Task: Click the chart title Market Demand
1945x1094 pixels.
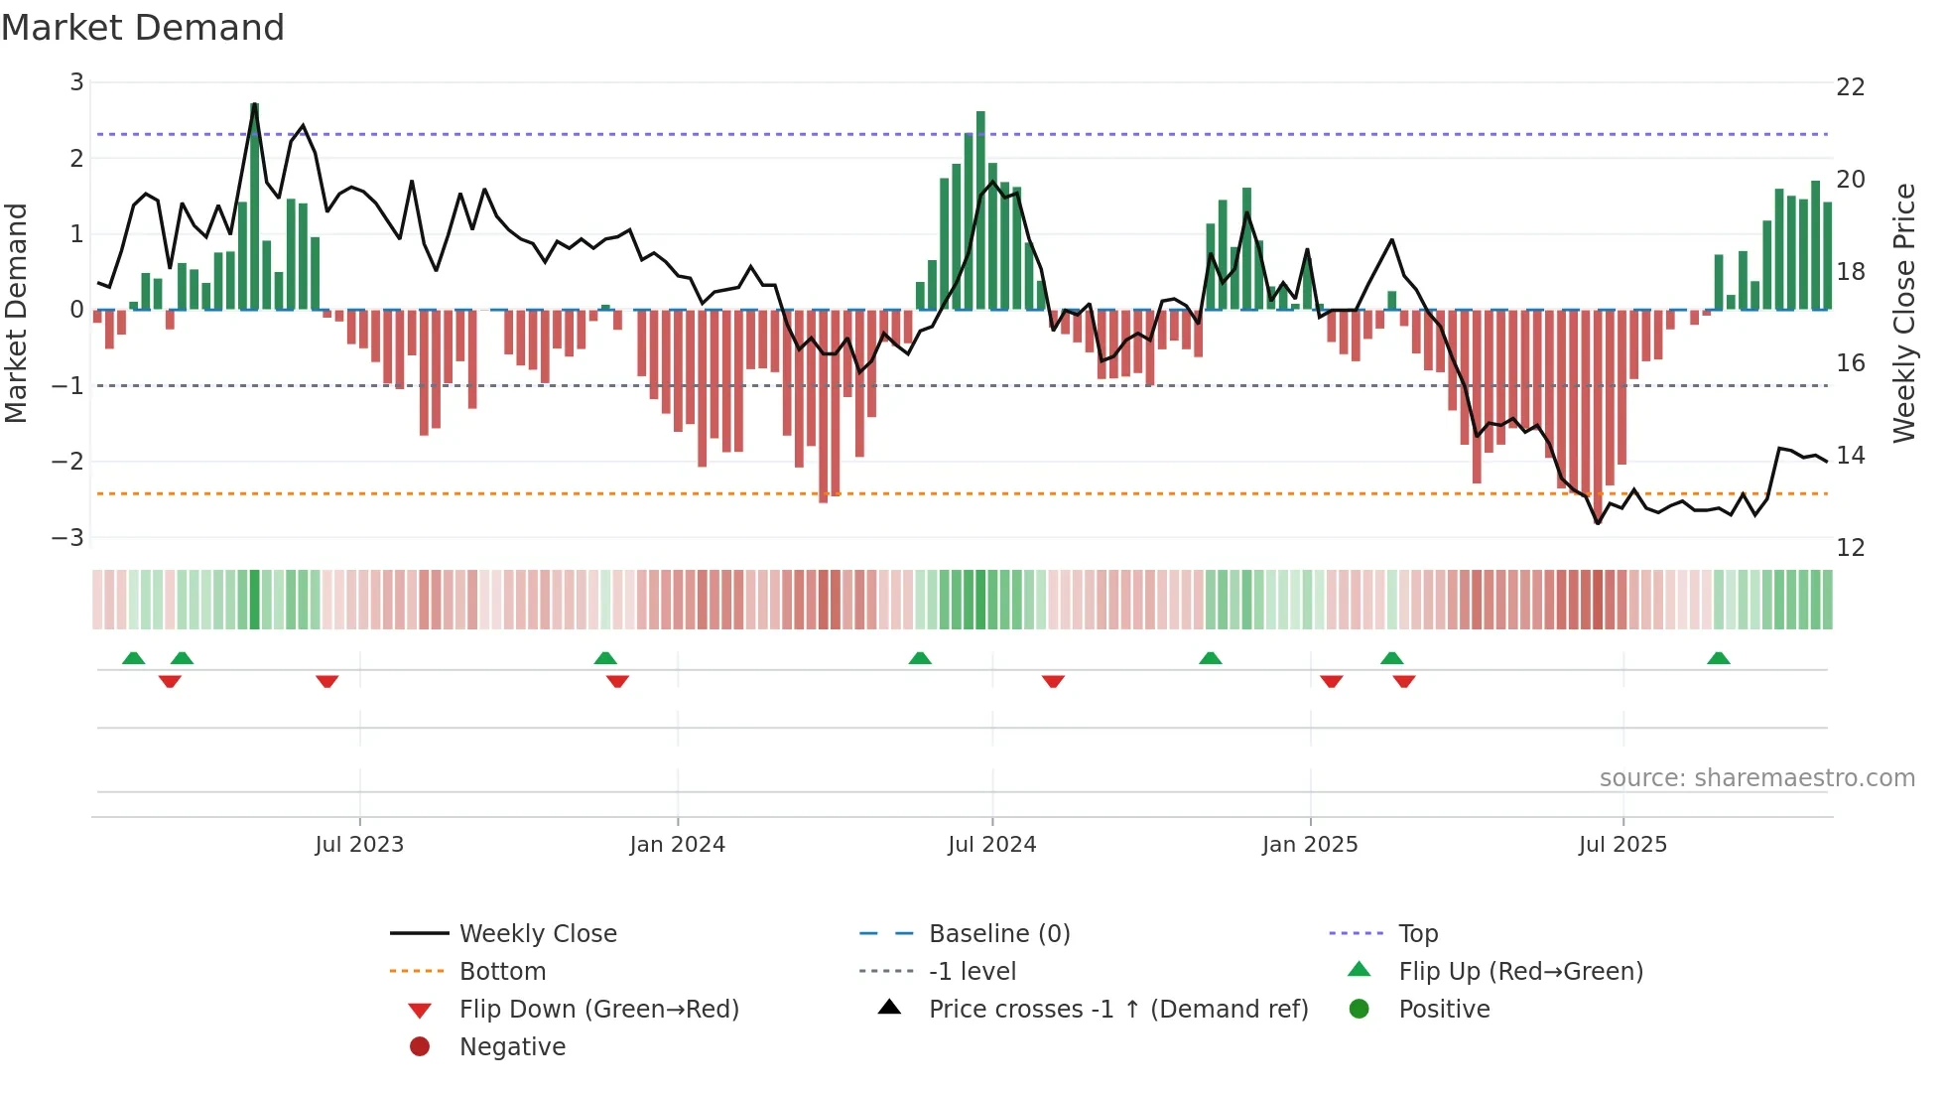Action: tap(143, 28)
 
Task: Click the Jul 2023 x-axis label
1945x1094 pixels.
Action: tap(359, 845)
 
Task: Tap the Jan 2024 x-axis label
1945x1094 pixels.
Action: tap(677, 845)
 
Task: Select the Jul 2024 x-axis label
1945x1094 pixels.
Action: tap(991, 845)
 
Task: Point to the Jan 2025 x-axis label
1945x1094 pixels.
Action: tap(1310, 845)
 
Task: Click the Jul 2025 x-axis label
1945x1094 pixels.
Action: tap(1622, 845)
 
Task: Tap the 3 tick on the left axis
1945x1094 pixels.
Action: tap(76, 82)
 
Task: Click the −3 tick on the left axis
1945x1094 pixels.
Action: tap(68, 537)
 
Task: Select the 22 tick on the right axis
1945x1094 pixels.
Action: tap(1850, 87)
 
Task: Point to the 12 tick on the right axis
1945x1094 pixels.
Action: tap(1850, 548)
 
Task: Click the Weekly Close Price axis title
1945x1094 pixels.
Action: tap(1903, 313)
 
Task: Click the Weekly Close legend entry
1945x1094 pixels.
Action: tap(537, 934)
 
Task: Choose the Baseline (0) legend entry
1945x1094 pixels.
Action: tap(998, 934)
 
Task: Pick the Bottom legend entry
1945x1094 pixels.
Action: tap(502, 972)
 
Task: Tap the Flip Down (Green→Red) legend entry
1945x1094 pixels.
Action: tap(598, 1010)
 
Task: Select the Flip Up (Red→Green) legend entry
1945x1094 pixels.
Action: tap(1520, 972)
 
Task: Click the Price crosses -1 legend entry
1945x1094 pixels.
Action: tap(1117, 1010)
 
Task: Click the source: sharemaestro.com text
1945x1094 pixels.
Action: tap(1756, 778)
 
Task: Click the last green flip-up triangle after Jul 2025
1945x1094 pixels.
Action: tap(1718, 658)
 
